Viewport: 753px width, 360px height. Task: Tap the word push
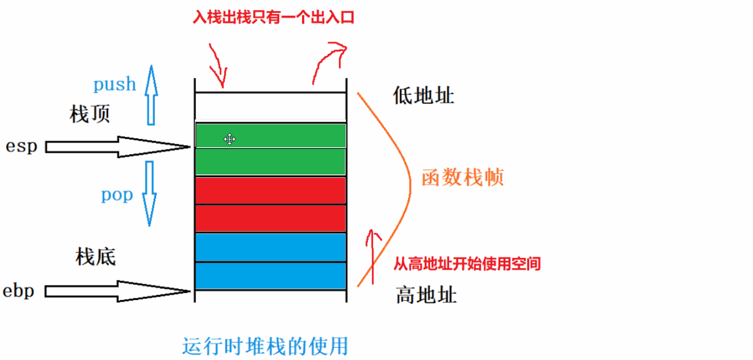click(x=114, y=84)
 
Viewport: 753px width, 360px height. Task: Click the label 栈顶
click(x=90, y=114)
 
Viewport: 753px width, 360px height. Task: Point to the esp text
click(x=21, y=147)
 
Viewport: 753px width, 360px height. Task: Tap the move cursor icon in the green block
click(x=229, y=139)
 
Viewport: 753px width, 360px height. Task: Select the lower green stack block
click(x=270, y=162)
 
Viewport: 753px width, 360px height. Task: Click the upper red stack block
click(x=270, y=191)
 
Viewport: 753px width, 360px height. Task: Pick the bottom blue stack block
click(x=270, y=276)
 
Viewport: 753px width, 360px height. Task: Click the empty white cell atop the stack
click(x=270, y=107)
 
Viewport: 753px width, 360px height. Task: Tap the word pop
click(x=117, y=195)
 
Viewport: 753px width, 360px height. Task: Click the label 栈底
click(x=95, y=258)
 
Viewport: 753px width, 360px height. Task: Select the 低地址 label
click(x=423, y=96)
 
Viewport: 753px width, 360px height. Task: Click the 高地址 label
click(x=426, y=294)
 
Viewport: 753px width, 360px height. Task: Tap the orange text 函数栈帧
click(x=462, y=178)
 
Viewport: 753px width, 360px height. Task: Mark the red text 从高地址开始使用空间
click(x=467, y=263)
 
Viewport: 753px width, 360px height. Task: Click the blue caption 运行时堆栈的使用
click(x=265, y=346)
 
